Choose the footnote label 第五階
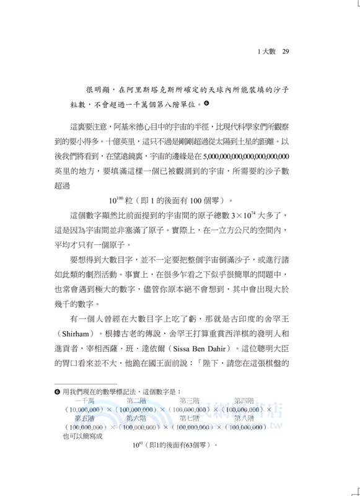point(84,418)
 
